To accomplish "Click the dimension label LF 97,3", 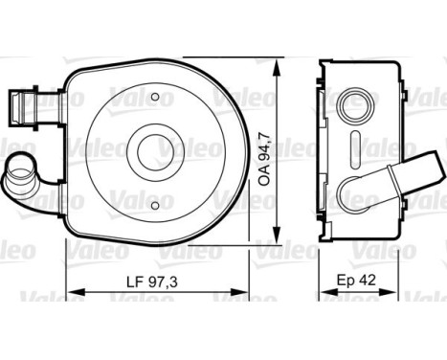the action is point(151,281).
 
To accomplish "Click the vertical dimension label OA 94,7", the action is point(265,161).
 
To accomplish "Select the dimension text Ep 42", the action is point(357,281).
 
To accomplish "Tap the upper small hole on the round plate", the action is point(155,97).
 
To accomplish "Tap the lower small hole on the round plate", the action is point(155,206).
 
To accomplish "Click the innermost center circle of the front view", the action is point(156,152).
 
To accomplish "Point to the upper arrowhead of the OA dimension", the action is point(277,68).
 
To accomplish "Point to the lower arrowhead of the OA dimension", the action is point(277,236).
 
